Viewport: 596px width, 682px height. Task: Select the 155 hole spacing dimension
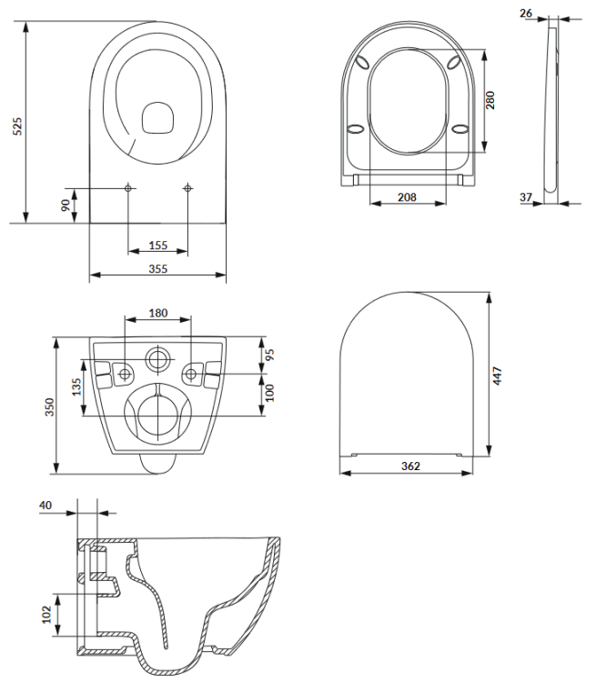[x=157, y=245]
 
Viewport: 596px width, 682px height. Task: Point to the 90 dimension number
[x=66, y=205]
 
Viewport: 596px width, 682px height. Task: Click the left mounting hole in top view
[x=128, y=188]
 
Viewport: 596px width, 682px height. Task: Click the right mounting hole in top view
[x=187, y=188]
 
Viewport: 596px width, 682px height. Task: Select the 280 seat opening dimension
[x=490, y=99]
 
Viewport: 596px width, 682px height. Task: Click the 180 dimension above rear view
[x=157, y=313]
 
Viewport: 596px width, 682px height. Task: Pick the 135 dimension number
[x=77, y=388]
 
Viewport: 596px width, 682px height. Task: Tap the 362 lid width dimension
[x=410, y=466]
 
